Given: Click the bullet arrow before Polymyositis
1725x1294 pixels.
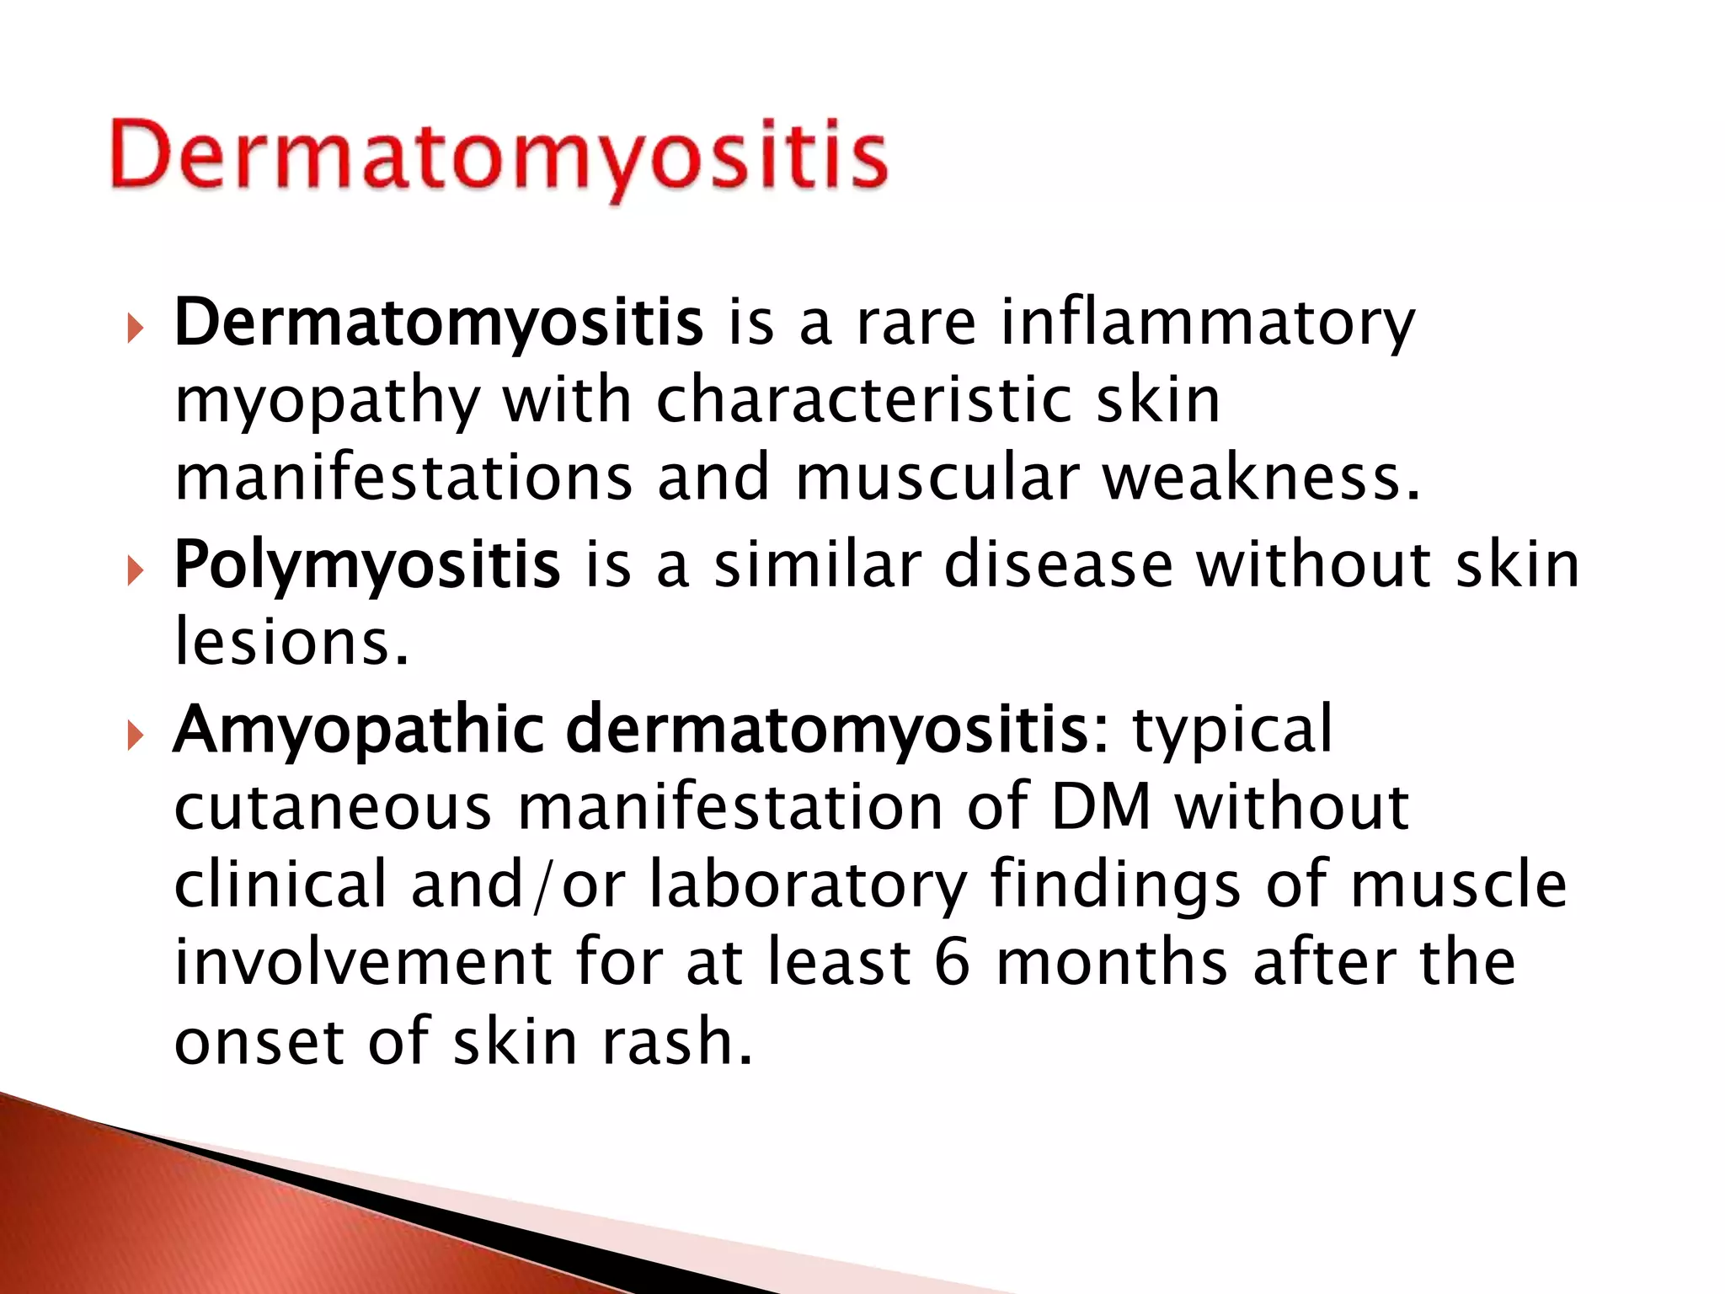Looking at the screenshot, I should point(135,573).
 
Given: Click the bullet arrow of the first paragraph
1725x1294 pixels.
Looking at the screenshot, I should point(135,329).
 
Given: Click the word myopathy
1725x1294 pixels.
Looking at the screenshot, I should point(327,403).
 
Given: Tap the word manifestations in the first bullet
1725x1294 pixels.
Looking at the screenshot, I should point(403,478).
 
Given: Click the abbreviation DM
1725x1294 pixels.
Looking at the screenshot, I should point(1100,807).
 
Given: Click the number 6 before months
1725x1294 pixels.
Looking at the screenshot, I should point(952,963).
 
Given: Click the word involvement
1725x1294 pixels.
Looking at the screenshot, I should point(363,963).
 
